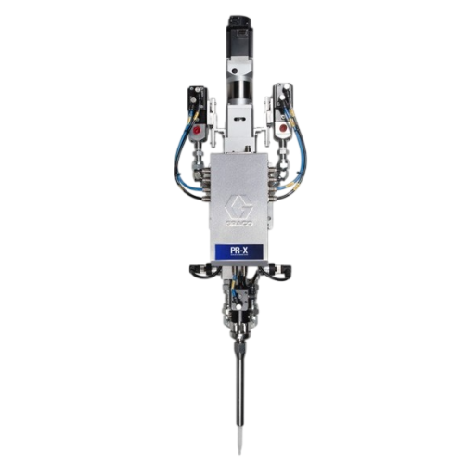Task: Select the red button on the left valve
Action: [197, 131]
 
